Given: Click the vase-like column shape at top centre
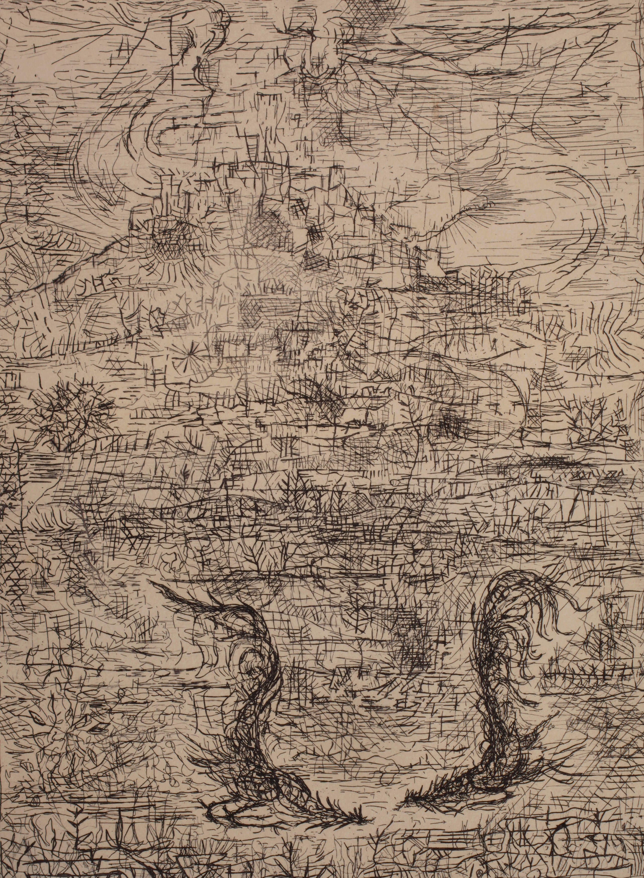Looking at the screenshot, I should (x=308, y=51).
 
